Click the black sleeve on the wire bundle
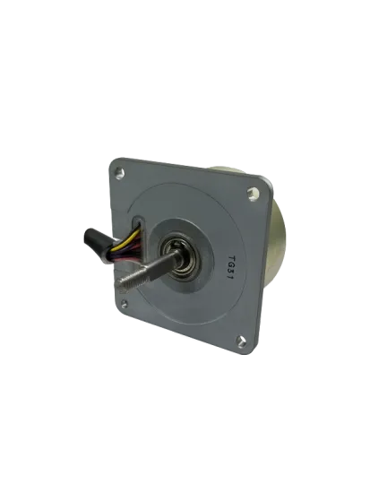pos(93,240)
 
